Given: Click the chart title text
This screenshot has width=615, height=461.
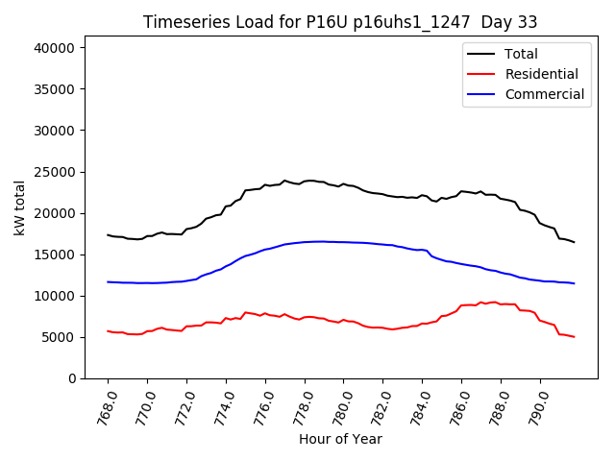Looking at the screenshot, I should (x=340, y=22).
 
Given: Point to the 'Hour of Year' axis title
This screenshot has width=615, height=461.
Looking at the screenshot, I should (x=340, y=439).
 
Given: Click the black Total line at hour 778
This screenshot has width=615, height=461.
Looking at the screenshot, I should (x=305, y=181).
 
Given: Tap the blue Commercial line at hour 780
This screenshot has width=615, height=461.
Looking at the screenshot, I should (x=344, y=242).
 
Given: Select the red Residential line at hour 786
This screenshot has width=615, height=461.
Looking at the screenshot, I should (x=461, y=305).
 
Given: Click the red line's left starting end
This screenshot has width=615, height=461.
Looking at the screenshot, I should (x=108, y=331).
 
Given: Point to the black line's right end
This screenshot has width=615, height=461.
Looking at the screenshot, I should (x=575, y=242).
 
